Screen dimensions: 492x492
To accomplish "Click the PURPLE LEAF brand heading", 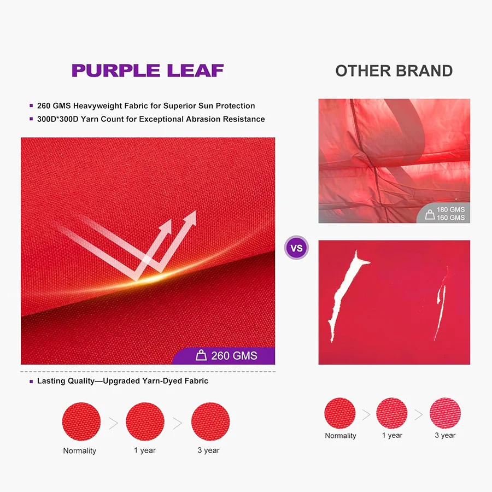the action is pyautogui.click(x=148, y=71).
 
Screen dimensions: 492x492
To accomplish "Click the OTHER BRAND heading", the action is pyautogui.click(x=394, y=71).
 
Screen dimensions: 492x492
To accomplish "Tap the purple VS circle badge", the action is pyautogui.click(x=296, y=248).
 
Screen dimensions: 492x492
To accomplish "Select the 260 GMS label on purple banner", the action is pyautogui.click(x=234, y=355).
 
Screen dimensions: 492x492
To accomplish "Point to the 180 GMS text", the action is pyautogui.click(x=450, y=209).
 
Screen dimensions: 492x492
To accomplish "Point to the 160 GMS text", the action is pyautogui.click(x=450, y=218).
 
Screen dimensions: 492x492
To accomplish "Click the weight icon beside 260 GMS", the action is pyautogui.click(x=201, y=355).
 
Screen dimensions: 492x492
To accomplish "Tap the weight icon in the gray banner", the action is pyautogui.click(x=430, y=214).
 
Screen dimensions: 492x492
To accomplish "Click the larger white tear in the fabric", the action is pyautogui.click(x=344, y=295).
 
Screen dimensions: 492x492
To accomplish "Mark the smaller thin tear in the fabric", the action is pyautogui.click(x=442, y=303).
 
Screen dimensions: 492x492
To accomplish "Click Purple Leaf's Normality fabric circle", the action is pyautogui.click(x=81, y=421).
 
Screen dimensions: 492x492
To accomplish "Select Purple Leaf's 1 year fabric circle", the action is pyautogui.click(x=145, y=421).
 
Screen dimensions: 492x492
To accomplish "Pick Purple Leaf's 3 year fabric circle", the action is pyautogui.click(x=210, y=421).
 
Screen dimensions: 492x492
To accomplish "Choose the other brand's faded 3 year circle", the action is pyautogui.click(x=445, y=413).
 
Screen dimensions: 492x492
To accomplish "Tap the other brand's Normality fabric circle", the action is pyautogui.click(x=340, y=413).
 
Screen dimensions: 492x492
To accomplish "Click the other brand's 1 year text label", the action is pyautogui.click(x=392, y=436).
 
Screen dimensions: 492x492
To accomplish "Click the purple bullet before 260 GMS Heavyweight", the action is pyautogui.click(x=31, y=106).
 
